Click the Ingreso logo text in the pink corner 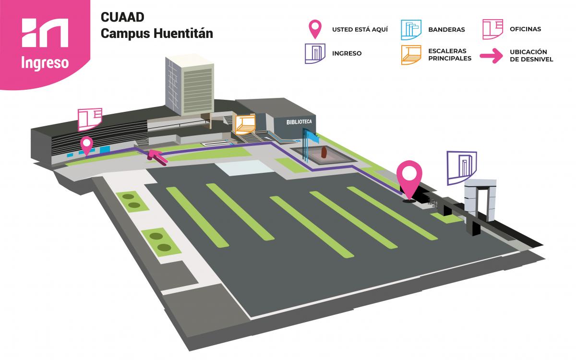point(45,63)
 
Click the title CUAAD point(123,17)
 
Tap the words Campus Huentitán point(157,34)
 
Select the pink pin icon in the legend point(315,29)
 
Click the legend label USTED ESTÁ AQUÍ point(360,29)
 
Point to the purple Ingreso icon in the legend point(315,53)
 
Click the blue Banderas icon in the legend point(411,29)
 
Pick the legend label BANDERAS point(446,29)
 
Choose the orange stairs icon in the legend point(411,54)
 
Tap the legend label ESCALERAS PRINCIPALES point(450,55)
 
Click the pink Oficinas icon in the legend point(492,29)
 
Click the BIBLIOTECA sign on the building point(299,122)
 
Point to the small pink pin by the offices point(87,144)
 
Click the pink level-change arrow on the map point(157,156)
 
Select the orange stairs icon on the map point(244,123)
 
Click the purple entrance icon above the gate point(462,167)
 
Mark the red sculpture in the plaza point(324,153)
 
